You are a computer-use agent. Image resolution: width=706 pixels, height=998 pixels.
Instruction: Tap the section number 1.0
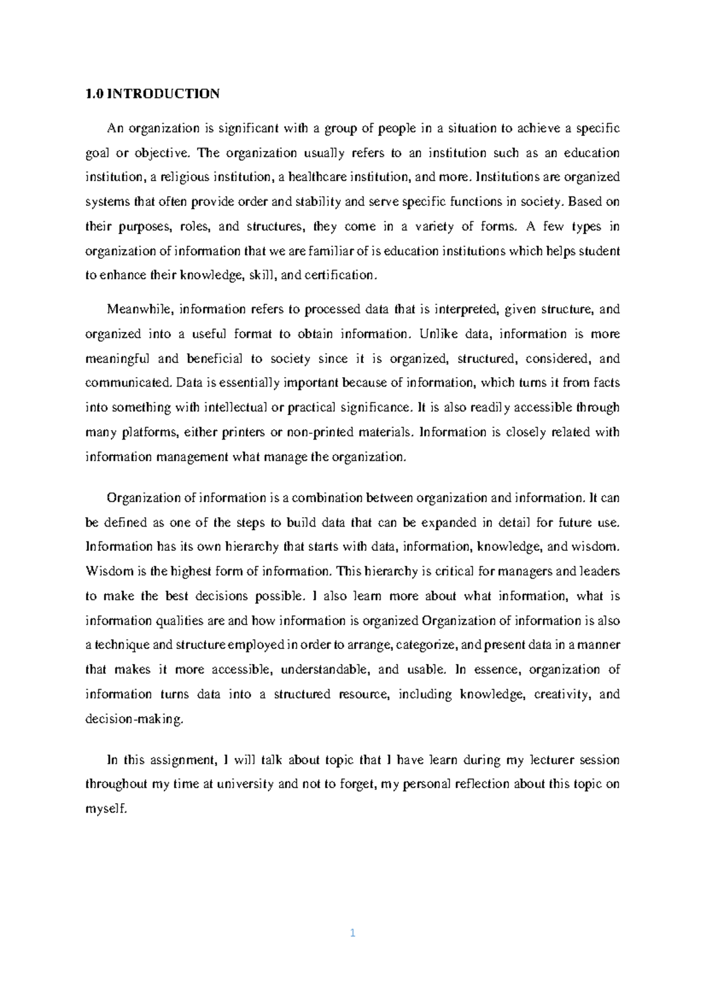point(94,94)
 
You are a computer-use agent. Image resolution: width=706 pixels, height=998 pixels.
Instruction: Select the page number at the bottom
point(353,933)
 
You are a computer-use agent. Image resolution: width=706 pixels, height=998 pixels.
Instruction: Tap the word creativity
point(561,694)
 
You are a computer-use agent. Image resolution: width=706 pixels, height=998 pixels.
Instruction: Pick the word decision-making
point(135,719)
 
